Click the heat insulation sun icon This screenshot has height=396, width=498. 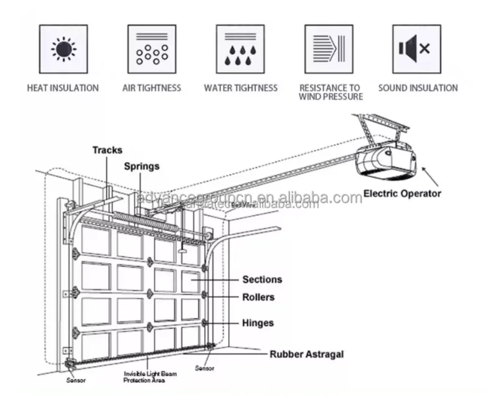(63, 49)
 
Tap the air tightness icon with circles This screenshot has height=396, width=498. (151, 49)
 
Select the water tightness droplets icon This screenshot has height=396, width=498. (240, 49)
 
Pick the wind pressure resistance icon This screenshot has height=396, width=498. (329, 49)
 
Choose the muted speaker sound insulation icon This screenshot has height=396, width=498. (416, 49)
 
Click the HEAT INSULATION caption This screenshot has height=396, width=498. (63, 88)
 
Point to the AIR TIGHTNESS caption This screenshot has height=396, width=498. (151, 88)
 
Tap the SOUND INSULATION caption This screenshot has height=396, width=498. (418, 88)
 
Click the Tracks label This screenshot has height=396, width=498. (107, 150)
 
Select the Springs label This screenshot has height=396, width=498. (141, 167)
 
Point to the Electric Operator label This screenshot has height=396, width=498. (402, 193)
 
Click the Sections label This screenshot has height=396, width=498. (262, 280)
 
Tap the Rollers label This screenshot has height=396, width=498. (258, 297)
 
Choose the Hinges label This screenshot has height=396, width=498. (258, 323)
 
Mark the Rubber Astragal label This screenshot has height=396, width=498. (306, 354)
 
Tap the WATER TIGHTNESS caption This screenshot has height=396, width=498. (240, 88)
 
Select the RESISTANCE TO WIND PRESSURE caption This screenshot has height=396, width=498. (329, 92)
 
